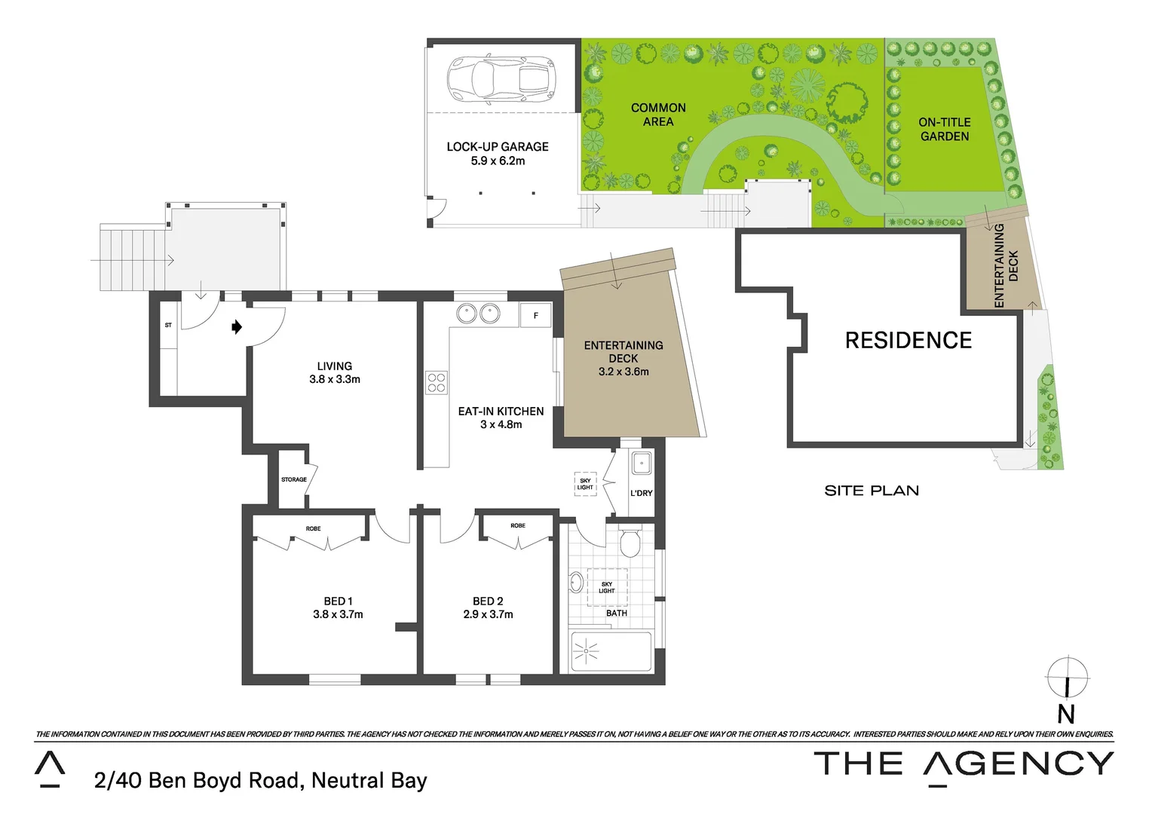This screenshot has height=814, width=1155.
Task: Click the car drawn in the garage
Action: pos(501,78)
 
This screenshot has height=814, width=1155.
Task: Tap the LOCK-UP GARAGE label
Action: pos(498,147)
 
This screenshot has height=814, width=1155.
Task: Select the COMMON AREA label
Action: pos(658,115)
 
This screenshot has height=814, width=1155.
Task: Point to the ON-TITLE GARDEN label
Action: pos(944,129)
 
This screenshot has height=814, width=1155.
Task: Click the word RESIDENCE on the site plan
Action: pos(908,341)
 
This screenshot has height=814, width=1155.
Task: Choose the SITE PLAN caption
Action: pos(872,491)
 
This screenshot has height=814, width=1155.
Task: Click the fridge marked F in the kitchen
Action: pos(536,315)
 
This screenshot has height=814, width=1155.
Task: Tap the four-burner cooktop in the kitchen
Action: pos(437,383)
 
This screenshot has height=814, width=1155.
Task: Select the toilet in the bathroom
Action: pos(630,542)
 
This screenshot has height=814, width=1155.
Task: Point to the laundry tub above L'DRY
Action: pos(641,463)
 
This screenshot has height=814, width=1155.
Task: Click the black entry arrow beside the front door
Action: pos(237,326)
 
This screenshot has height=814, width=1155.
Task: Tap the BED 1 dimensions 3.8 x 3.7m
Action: pos(338,614)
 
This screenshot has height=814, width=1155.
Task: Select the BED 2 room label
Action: pos(488,601)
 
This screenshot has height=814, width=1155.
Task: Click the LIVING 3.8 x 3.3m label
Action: pos(335,372)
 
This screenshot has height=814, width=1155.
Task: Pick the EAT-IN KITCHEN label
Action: pos(501,412)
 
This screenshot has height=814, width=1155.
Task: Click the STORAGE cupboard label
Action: pos(294,479)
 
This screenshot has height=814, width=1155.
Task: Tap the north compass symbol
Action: pos(1067,678)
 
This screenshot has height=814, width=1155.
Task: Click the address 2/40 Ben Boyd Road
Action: pos(260,780)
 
